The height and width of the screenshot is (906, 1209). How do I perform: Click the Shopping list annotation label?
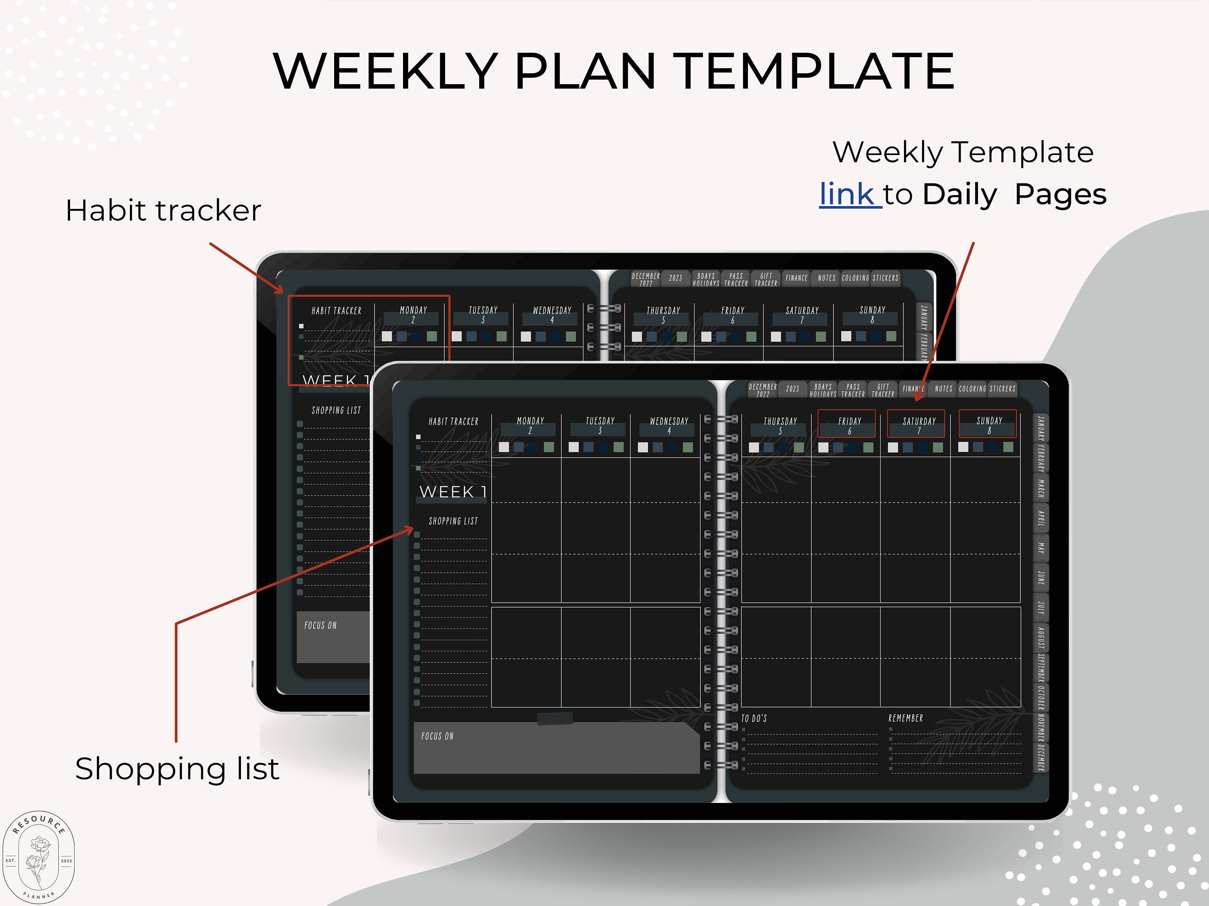coord(177,769)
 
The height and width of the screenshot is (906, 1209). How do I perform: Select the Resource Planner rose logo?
coord(38,856)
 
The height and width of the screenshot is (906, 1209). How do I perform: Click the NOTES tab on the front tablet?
coord(943,389)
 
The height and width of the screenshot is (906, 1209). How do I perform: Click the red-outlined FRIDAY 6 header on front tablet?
coord(847,424)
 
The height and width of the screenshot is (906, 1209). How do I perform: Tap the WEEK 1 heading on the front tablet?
coord(453,492)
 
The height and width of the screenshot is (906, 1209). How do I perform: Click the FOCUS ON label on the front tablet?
coord(437,736)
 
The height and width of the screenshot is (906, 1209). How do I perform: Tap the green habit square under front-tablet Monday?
coord(549,447)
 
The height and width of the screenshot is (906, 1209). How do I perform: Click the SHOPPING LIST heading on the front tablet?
coord(453,521)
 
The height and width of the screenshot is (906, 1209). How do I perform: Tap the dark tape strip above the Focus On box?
coord(555,719)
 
